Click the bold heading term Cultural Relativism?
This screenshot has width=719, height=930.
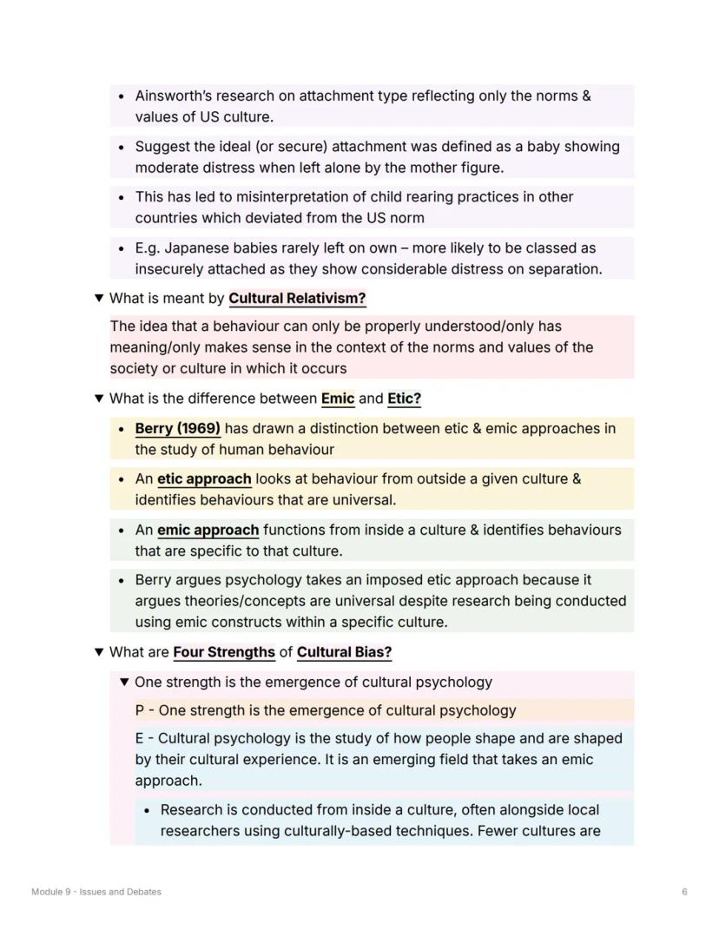click(297, 299)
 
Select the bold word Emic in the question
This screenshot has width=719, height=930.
click(338, 399)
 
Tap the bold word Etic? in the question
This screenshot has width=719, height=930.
click(404, 399)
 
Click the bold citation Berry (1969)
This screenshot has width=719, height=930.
click(177, 429)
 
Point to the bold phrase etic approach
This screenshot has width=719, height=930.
click(204, 479)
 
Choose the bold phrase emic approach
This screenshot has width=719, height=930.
click(208, 531)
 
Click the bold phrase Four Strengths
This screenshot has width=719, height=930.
click(224, 652)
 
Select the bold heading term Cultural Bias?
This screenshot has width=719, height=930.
click(344, 652)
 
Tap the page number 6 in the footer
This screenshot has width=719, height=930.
click(685, 892)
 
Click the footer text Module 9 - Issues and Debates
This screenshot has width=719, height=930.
click(96, 892)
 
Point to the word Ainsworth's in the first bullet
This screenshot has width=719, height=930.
click(173, 96)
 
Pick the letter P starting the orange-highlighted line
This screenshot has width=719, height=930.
click(140, 711)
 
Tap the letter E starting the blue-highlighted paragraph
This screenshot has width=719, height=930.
click(140, 739)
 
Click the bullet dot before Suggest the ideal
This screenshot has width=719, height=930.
click(122, 148)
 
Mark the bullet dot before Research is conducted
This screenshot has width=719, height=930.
click(148, 811)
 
